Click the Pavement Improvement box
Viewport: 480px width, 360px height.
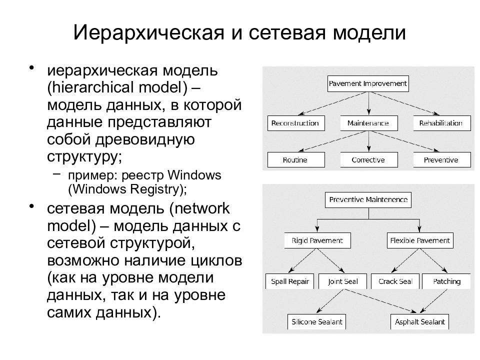368,83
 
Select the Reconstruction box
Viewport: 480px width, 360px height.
296,123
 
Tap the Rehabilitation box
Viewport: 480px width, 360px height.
441,123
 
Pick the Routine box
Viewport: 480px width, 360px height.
296,159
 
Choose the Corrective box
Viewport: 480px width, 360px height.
369,159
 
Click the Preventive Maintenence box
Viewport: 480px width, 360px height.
368,200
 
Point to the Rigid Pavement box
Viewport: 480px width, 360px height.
317,240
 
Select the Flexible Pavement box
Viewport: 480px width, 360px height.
420,240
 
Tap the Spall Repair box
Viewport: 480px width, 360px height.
289,281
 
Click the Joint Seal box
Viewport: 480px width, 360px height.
342,281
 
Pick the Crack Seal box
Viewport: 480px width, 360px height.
395,281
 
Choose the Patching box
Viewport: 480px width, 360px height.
446,281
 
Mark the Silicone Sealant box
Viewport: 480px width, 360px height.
317,321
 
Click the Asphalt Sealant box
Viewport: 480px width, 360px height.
419,321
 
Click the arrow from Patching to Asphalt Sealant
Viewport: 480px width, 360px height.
434,301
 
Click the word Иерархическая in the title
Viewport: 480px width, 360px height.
149,33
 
